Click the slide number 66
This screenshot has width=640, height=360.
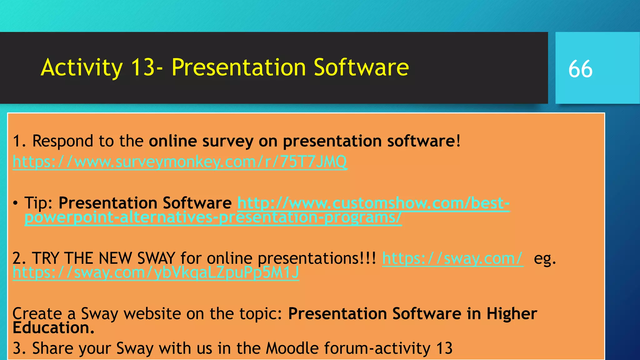(580, 69)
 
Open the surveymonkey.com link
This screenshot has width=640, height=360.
(180, 162)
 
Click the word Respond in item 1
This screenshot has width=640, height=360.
(62, 141)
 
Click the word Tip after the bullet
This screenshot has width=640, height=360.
(38, 203)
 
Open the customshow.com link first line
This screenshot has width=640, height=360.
(373, 203)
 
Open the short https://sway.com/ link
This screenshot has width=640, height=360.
(452, 258)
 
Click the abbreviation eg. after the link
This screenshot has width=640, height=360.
(545, 258)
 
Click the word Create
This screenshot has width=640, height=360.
(37, 313)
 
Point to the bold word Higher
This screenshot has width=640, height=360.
(512, 313)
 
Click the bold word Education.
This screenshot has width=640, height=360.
(53, 328)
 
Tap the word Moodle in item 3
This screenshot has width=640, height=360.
(292, 348)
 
